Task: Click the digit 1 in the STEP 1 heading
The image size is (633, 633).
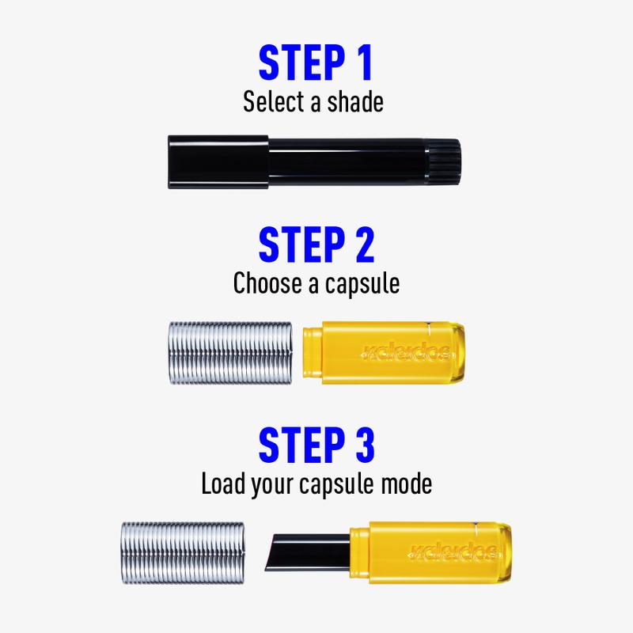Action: point(366,63)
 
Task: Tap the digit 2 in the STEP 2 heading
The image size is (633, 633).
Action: point(365,244)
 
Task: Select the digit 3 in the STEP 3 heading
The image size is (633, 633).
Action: point(365,445)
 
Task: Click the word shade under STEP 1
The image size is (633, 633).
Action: point(354,102)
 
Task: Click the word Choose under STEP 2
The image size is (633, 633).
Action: point(267,282)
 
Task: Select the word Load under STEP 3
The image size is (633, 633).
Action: point(222,483)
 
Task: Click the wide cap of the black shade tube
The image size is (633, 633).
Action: point(218,162)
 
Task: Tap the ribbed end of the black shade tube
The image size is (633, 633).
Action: point(444,162)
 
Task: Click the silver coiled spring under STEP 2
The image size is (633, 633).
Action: point(230,353)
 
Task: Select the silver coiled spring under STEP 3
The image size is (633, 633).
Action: point(183,552)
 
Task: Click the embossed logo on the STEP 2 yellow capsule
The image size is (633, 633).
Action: point(405,353)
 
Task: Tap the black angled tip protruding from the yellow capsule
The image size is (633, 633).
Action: point(308,552)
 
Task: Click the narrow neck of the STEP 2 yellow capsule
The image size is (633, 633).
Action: point(313,352)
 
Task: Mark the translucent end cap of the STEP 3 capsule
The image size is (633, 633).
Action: point(505,552)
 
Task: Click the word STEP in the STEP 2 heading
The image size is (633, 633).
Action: point(301,244)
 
